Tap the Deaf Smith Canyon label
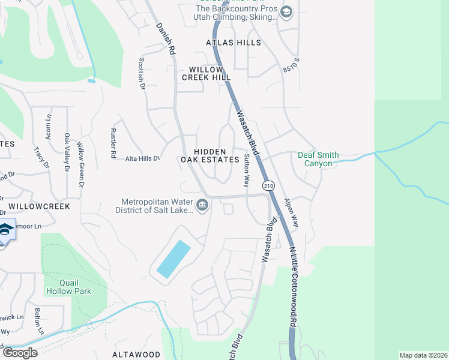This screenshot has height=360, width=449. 318,159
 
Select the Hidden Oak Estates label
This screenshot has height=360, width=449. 210,155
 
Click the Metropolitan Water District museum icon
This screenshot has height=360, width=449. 202,206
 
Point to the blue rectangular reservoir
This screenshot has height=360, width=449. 173,259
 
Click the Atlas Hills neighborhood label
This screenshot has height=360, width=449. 234,43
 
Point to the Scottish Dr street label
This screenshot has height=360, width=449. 142,73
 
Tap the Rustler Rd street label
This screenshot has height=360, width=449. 113,143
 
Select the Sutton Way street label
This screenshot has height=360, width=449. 246,169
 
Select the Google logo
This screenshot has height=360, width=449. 19,353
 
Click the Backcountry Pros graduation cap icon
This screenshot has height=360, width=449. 286,12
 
